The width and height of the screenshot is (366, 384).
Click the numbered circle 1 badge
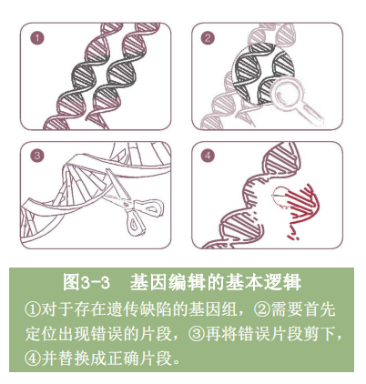37,38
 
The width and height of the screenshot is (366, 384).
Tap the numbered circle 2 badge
208,38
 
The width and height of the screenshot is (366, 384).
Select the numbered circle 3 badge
37,156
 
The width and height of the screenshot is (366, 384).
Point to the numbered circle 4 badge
208,156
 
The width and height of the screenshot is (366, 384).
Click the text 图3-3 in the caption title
86,282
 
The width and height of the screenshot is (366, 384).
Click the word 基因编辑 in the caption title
161,282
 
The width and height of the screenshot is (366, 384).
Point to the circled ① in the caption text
32,310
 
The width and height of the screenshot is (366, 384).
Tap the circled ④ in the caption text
32,359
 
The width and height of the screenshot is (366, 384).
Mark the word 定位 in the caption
40,334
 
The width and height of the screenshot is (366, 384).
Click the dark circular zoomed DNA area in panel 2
263,74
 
